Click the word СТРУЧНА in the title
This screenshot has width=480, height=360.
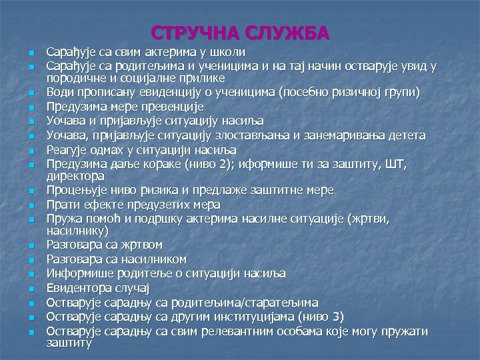coord(193,33)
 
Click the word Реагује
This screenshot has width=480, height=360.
coord(67,149)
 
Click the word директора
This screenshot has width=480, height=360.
coord(75,176)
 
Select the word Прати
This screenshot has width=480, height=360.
coord(61,204)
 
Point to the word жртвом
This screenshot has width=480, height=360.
coord(141,245)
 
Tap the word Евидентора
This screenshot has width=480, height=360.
coord(79,288)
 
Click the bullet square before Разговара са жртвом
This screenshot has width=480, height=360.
coord(31,246)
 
